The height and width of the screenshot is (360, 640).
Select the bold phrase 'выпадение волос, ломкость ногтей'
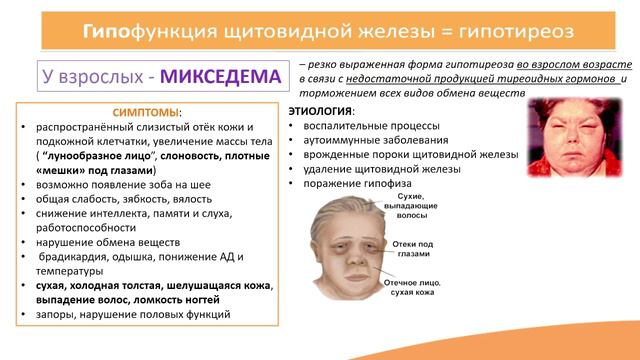tap(131, 298)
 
